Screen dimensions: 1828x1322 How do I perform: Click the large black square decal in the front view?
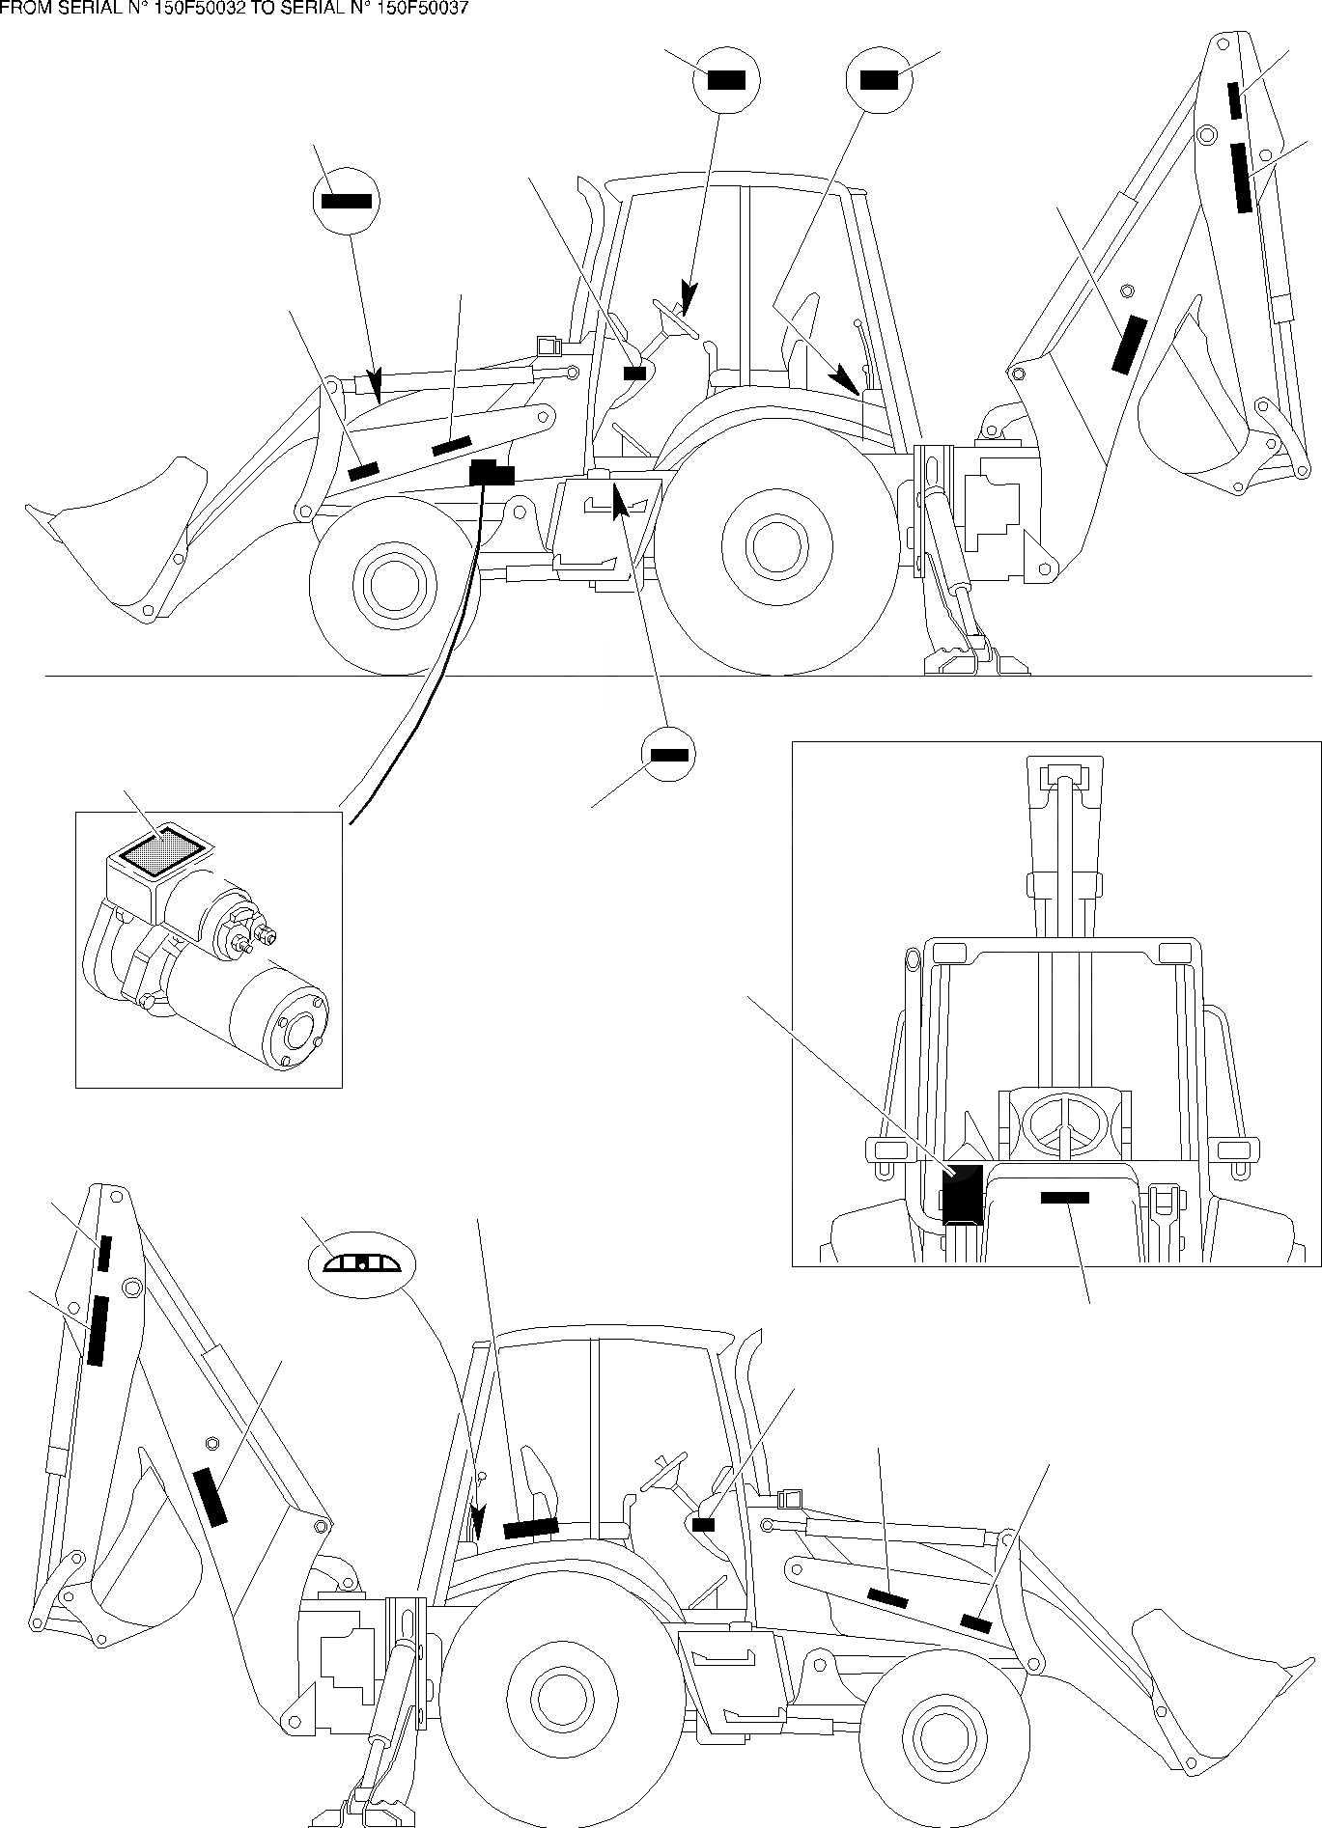962,1195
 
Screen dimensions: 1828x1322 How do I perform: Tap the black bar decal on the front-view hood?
1064,1198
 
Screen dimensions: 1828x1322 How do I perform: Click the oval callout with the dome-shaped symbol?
359,1263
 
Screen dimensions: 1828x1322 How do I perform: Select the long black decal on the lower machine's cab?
530,1527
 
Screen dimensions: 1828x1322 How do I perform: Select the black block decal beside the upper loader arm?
492,473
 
